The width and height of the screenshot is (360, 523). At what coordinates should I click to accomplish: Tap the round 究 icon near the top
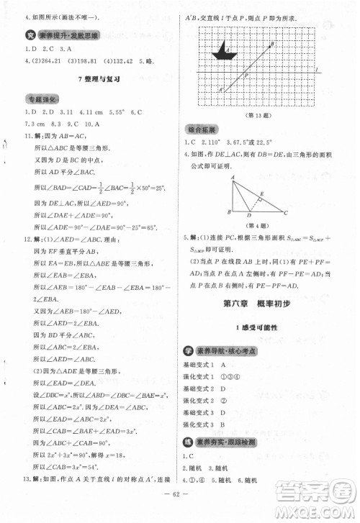pos(29,32)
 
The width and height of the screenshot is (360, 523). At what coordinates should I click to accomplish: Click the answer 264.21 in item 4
pos(50,61)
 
